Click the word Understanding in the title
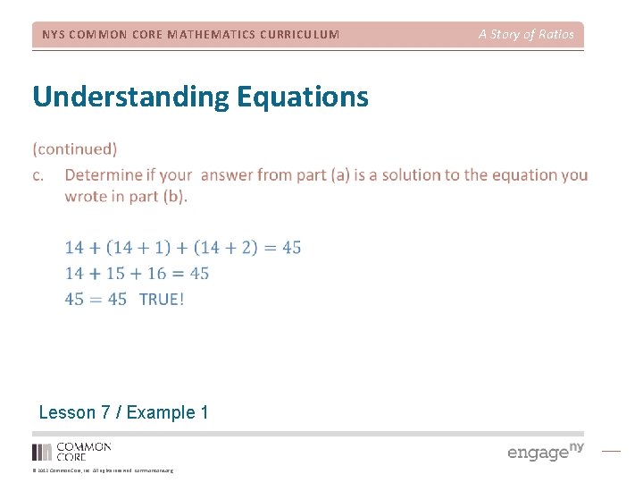129,97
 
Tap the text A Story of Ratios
526,35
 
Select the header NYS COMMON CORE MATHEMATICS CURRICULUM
190,35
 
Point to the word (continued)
75,148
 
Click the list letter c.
38,174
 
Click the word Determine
104,174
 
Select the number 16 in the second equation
157,274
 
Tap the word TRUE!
162,300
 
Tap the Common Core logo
71,451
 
